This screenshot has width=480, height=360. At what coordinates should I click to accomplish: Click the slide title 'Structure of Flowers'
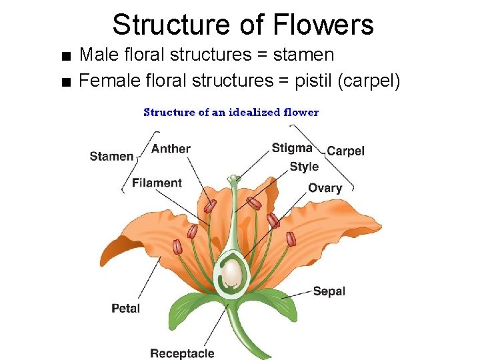click(243, 25)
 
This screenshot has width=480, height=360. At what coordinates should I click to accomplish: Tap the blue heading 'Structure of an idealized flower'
click(231, 112)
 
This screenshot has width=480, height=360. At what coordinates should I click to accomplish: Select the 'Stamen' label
click(111, 156)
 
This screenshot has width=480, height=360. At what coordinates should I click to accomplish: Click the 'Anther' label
click(171, 149)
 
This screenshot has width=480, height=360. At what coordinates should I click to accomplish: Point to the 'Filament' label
click(157, 183)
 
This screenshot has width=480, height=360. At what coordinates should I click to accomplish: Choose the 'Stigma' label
click(292, 148)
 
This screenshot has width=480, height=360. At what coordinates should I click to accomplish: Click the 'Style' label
click(304, 167)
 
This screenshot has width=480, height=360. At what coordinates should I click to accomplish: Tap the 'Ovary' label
click(325, 188)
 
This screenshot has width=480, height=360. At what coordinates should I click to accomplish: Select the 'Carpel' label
click(345, 151)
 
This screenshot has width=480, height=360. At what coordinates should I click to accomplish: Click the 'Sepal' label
click(329, 291)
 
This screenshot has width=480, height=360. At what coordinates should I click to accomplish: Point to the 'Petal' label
click(125, 308)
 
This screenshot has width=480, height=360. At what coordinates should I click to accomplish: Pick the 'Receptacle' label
click(182, 353)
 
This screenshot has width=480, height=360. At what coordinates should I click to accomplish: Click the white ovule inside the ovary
click(231, 273)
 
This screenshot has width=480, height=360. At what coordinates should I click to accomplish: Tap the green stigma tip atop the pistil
click(233, 179)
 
